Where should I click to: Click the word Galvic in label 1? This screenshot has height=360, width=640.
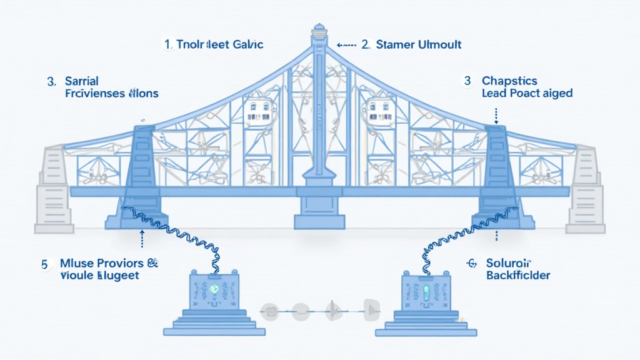(x=247, y=44)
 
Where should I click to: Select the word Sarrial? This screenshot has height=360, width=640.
(x=81, y=81)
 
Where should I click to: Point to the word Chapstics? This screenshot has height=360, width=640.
(x=509, y=81)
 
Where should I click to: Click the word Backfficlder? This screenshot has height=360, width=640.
(x=518, y=276)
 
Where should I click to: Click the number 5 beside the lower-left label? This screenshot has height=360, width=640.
(x=44, y=264)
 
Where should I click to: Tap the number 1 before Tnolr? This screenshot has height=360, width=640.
(x=167, y=44)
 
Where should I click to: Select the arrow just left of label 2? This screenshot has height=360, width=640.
(x=346, y=45)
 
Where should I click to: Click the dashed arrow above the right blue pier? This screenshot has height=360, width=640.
(x=496, y=114)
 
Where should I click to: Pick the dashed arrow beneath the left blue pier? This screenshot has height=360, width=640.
(x=142, y=238)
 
